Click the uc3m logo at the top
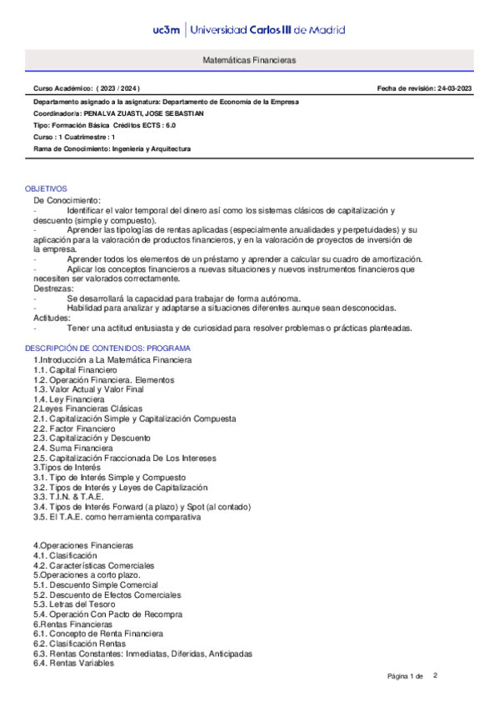coord(167,30)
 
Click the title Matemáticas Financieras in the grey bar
coord(249,62)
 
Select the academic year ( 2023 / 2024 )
coord(118,88)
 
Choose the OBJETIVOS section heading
coord(46,189)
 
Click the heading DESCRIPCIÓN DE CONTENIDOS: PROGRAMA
coord(107,348)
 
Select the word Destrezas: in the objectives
coord(51,288)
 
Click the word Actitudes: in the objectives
coord(51,318)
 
